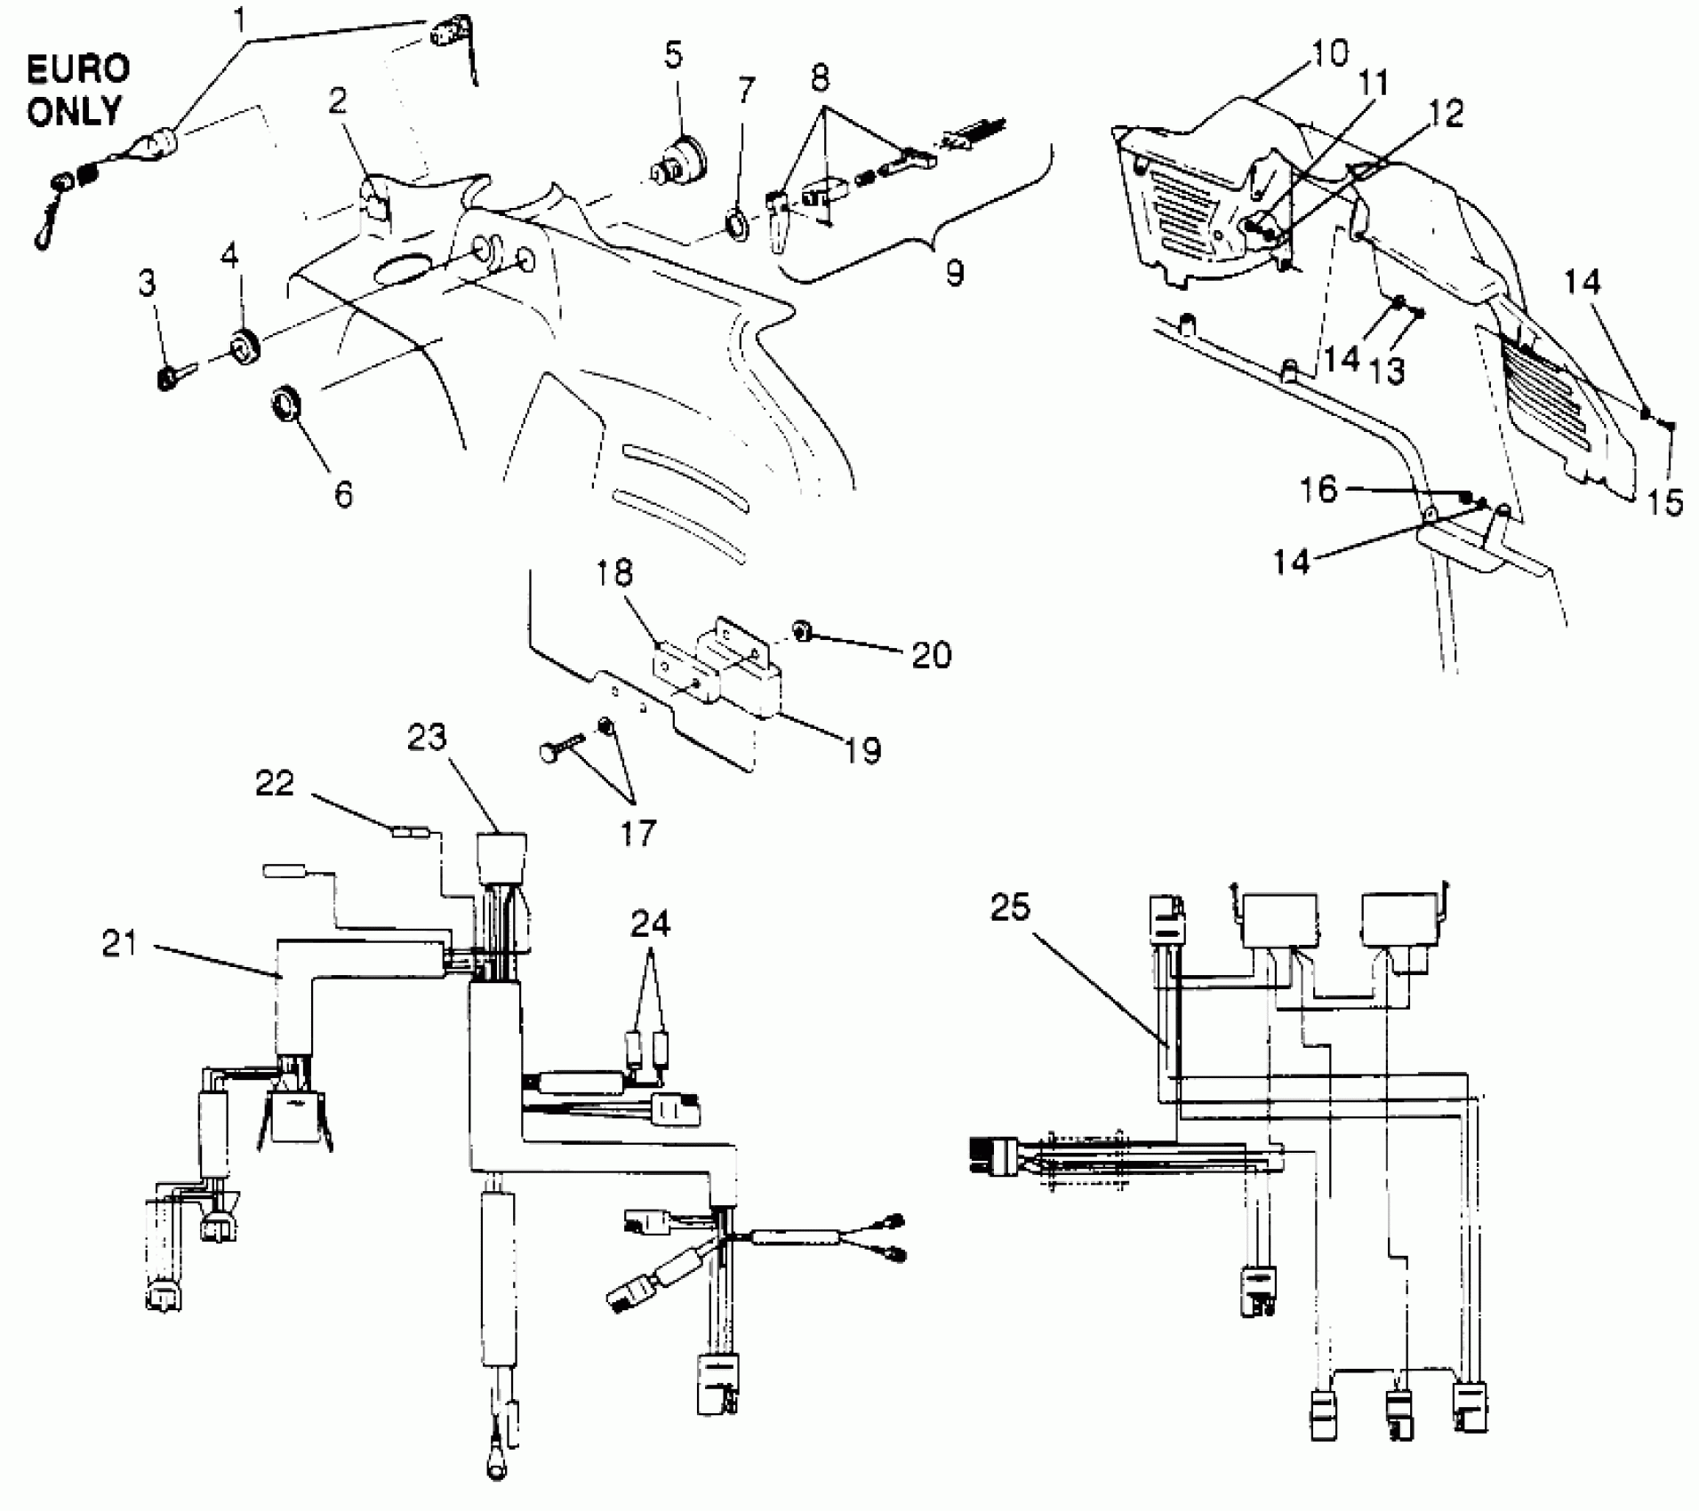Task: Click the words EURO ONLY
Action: pyautogui.click(x=76, y=90)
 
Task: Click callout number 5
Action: pyautogui.click(x=673, y=55)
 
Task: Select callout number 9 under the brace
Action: pyautogui.click(x=953, y=273)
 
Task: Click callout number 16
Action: pyautogui.click(x=1318, y=488)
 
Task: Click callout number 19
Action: pyautogui.click(x=861, y=749)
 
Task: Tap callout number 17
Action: pyautogui.click(x=636, y=832)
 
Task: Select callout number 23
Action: pyautogui.click(x=427, y=738)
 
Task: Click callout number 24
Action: pyautogui.click(x=651, y=923)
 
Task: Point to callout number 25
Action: pyautogui.click(x=1009, y=908)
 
